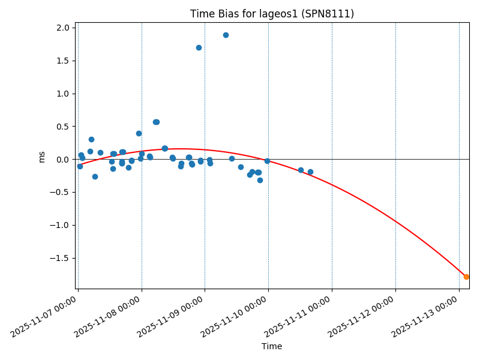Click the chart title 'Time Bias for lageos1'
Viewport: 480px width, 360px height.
tap(272, 14)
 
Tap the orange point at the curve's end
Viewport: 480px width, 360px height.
tap(466, 277)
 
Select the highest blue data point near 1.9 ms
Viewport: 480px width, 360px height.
tap(226, 35)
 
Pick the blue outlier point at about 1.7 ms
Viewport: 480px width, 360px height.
tap(199, 47)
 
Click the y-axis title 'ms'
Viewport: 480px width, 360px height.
tap(41, 157)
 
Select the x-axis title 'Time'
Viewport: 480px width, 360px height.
tap(272, 346)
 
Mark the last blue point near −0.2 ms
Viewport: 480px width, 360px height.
tap(310, 172)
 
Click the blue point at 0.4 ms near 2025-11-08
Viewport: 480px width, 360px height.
tap(139, 133)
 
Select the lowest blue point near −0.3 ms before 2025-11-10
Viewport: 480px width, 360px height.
tap(260, 180)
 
